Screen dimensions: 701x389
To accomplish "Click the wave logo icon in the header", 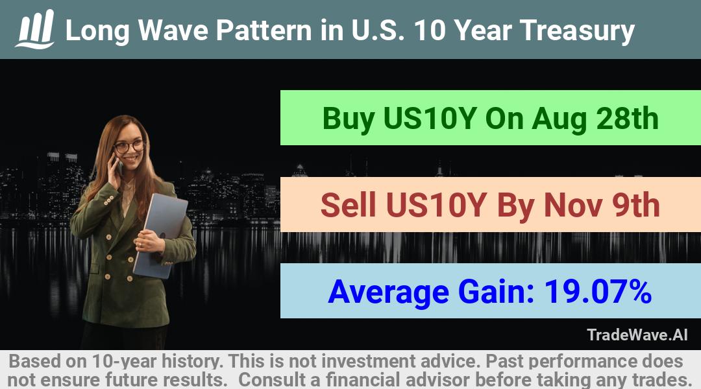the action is (35, 29).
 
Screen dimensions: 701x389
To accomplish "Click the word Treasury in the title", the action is (577, 31).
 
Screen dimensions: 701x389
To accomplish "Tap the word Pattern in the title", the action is (264, 30).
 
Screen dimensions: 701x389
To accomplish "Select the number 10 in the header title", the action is (430, 30).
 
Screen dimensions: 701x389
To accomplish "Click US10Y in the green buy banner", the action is (430, 119).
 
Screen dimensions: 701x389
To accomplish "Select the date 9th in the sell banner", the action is (636, 205).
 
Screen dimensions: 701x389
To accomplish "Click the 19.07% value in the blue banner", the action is (598, 291).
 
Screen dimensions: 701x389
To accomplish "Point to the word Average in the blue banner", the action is (389, 292).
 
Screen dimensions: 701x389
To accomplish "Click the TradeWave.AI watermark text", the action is (637, 335).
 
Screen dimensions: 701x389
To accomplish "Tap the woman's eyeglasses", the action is (129, 147).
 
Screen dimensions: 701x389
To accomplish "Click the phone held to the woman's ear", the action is (118, 166).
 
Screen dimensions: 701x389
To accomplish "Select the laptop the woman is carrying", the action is (160, 235).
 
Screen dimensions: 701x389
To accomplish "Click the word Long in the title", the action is (97, 31).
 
